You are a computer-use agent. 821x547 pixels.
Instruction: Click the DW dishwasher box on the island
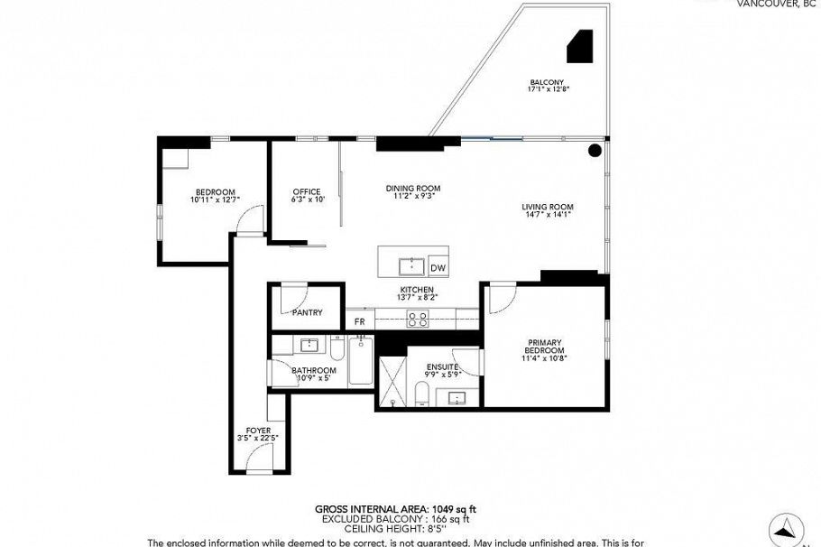438,268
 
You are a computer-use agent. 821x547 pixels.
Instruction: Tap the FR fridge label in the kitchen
359,321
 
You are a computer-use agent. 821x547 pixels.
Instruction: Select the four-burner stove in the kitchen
418,319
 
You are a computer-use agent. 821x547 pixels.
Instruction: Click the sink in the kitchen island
412,266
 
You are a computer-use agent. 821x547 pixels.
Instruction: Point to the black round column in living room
595,152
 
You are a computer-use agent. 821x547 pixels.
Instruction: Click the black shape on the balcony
579,46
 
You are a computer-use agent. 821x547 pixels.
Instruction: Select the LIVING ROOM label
548,207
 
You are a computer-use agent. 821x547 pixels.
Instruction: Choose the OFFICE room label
307,191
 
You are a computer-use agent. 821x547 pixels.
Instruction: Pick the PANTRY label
308,312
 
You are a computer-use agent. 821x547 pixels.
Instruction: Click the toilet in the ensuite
420,394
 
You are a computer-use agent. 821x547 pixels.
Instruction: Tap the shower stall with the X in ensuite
392,384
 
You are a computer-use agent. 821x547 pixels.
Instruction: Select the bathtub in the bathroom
360,361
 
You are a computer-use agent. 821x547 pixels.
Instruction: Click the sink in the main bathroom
309,345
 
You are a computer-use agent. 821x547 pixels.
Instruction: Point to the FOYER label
260,430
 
